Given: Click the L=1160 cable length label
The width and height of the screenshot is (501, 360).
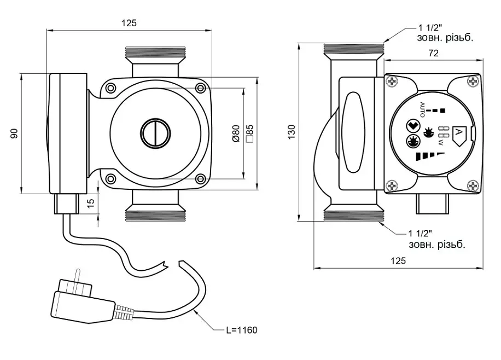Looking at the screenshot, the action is pyautogui.click(x=242, y=330).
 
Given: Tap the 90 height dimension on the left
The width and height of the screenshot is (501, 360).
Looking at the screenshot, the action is pyautogui.click(x=14, y=133).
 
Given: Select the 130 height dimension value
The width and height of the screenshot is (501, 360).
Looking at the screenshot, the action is pyautogui.click(x=292, y=132).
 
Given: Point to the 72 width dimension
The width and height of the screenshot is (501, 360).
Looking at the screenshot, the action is pyautogui.click(x=433, y=53).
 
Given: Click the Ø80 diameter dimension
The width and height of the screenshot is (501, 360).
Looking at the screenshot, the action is pyautogui.click(x=236, y=133).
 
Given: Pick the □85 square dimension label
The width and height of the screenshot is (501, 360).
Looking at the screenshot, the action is pyautogui.click(x=250, y=133).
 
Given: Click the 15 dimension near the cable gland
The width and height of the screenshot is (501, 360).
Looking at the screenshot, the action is pyautogui.click(x=91, y=202).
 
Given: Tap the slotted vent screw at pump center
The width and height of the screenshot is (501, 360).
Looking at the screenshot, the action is pyautogui.click(x=155, y=133).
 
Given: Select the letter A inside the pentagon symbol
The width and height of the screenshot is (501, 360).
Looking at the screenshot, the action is pyautogui.click(x=458, y=132).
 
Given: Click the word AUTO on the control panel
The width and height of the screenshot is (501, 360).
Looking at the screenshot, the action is pyautogui.click(x=422, y=109).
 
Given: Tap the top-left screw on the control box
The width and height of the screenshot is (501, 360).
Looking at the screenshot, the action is pyautogui.click(x=392, y=82).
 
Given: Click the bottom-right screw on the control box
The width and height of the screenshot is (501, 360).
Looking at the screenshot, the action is pyautogui.click(x=473, y=186).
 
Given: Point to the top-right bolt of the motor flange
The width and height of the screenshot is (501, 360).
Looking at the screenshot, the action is pyautogui.click(x=201, y=88).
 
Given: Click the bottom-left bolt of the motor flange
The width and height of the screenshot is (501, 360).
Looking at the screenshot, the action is pyautogui.click(x=110, y=179).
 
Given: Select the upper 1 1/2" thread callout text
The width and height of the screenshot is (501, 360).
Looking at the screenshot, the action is pyautogui.click(x=445, y=33).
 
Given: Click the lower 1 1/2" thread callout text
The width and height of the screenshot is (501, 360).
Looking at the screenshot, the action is pyautogui.click(x=437, y=239).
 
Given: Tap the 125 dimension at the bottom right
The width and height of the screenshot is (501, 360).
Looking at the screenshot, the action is pyautogui.click(x=398, y=261).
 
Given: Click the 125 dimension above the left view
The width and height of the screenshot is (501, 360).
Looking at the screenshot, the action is pyautogui.click(x=129, y=23).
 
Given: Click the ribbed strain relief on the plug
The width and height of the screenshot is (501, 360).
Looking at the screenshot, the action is pyautogui.click(x=124, y=312).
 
